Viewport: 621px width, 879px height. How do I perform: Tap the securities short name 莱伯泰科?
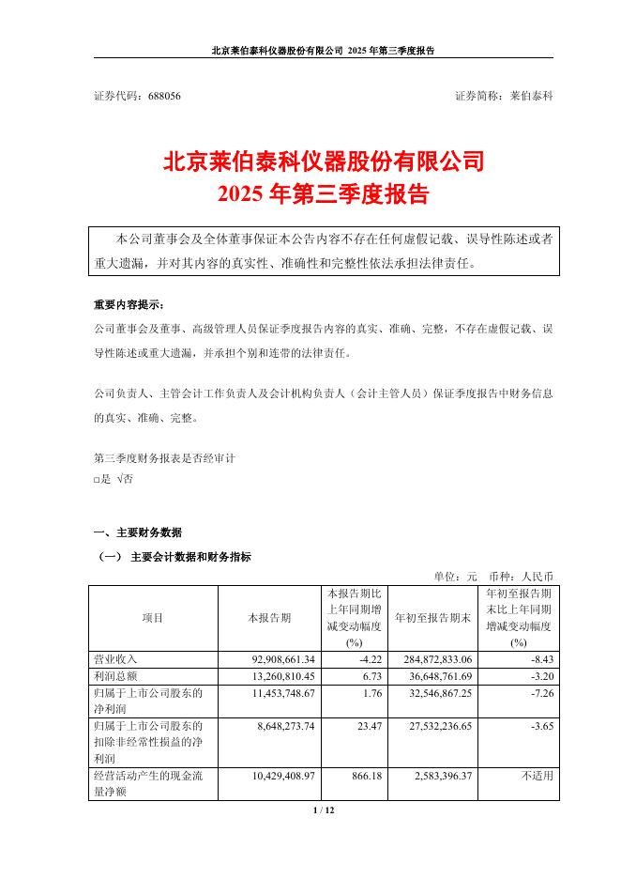pos(531,97)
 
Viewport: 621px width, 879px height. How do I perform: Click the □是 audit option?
pos(102,479)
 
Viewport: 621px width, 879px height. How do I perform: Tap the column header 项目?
pos(153,618)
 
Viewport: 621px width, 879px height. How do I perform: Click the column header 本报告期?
pos(269,618)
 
